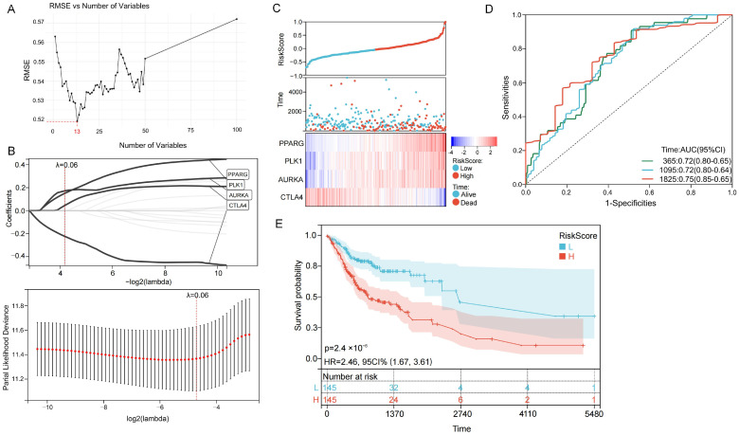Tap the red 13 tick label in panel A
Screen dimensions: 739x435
(x=77, y=131)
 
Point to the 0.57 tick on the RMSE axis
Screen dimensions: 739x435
(x=39, y=22)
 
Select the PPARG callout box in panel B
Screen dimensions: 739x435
(x=237, y=174)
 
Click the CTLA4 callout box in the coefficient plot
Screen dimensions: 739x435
(x=237, y=206)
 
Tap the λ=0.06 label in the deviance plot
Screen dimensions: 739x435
(x=197, y=295)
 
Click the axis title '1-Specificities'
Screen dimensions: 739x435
(x=628, y=203)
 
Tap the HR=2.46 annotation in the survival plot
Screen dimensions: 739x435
(x=378, y=362)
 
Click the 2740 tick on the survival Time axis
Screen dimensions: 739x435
(x=461, y=414)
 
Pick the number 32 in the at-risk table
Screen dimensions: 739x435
(x=394, y=388)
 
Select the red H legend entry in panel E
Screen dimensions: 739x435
(x=567, y=257)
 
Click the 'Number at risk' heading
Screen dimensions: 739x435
(x=351, y=376)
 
